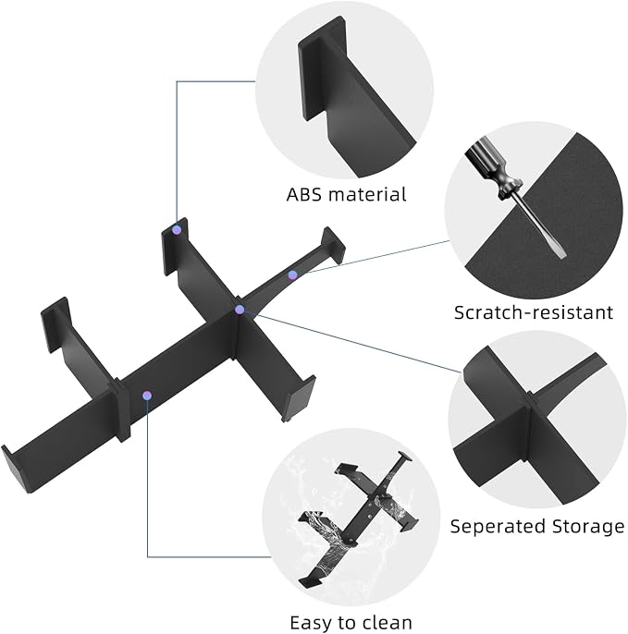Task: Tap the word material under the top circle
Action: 367,194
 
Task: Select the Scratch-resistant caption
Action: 534,312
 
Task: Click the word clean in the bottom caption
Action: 386,622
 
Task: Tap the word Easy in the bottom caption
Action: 310,623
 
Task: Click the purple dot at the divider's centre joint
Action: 240,310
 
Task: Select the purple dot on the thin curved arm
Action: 292,275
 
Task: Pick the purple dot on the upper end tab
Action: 177,230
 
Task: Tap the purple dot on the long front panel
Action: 147,396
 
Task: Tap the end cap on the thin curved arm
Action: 333,246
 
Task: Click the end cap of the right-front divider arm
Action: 299,399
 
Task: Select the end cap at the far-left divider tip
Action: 15,469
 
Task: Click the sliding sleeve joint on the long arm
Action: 123,409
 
